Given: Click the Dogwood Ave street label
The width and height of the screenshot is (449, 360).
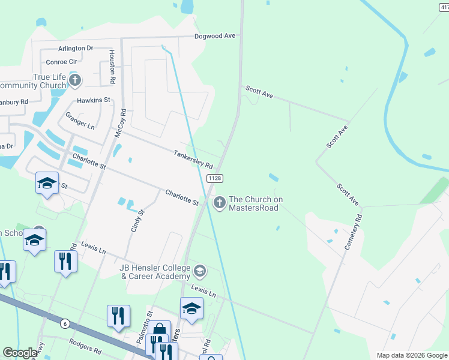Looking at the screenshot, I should (x=214, y=36).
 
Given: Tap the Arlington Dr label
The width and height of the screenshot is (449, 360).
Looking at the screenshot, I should (x=76, y=48).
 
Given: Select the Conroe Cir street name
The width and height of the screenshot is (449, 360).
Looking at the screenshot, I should (x=62, y=61).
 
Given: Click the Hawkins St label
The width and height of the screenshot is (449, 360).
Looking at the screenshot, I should (x=94, y=100).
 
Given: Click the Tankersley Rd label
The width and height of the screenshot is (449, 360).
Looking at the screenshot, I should (x=193, y=160).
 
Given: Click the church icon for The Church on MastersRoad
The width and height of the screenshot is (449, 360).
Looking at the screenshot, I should (x=219, y=203).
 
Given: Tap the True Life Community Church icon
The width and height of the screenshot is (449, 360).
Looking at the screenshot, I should (x=74, y=80).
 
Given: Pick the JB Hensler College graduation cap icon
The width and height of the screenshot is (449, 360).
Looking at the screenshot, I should (x=200, y=272).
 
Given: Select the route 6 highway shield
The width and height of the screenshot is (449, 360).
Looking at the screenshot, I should (x=65, y=324).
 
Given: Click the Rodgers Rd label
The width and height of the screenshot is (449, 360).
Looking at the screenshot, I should (x=84, y=348).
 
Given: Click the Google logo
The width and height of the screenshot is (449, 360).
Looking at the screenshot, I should (x=20, y=353).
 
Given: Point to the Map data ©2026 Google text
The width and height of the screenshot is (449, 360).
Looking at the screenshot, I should (x=411, y=355).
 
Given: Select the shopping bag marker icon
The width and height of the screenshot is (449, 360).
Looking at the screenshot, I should (x=160, y=329).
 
